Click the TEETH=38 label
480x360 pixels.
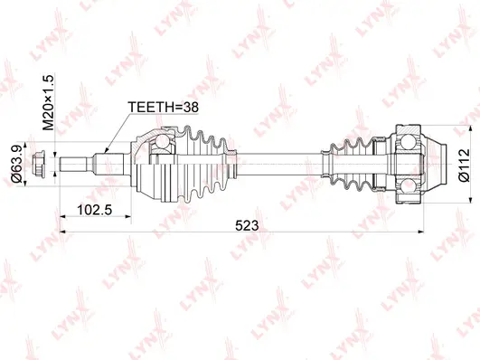(x=164, y=108)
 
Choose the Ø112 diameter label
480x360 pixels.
(x=463, y=166)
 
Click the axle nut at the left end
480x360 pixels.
(x=40, y=166)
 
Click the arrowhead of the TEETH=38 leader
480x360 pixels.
(x=108, y=150)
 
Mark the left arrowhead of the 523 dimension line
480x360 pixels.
(x=63, y=233)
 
